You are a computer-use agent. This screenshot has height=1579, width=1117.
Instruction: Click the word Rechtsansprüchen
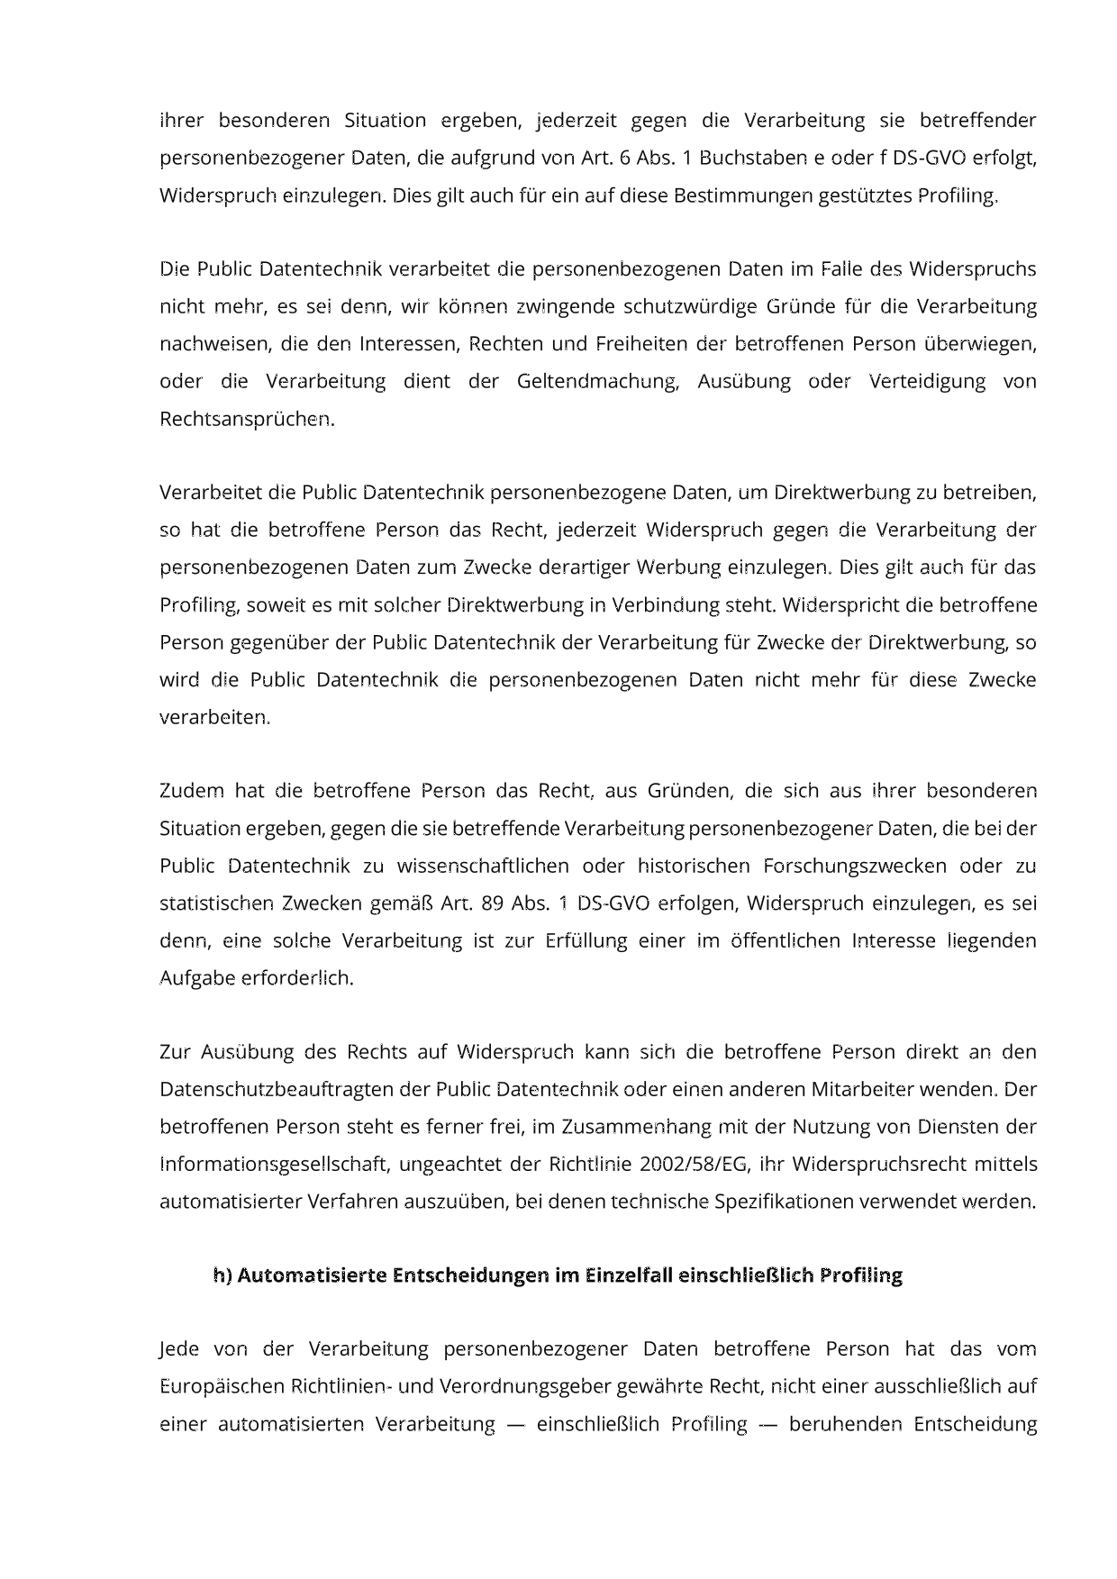tap(247, 419)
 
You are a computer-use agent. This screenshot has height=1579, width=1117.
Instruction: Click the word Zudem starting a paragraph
tap(192, 791)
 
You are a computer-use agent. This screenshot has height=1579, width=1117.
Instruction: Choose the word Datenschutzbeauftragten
tap(277, 1089)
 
